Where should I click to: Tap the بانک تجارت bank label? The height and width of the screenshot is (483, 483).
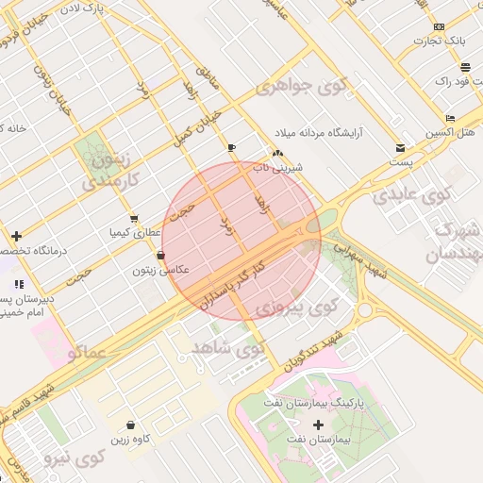coord(441,42)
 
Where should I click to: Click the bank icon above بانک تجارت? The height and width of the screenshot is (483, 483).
coord(441,26)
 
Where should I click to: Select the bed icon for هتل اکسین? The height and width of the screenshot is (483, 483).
coord(451,118)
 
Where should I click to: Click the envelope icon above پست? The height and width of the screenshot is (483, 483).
coord(400,148)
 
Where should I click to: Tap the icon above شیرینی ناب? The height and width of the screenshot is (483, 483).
coord(276,154)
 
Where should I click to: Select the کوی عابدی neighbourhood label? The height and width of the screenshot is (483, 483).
coord(412,195)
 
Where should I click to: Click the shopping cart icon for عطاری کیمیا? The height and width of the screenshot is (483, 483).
coord(134,218)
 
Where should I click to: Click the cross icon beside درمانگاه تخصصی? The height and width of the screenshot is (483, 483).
coord(16,236)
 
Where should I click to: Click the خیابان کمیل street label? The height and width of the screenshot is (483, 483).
coord(197,129)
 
